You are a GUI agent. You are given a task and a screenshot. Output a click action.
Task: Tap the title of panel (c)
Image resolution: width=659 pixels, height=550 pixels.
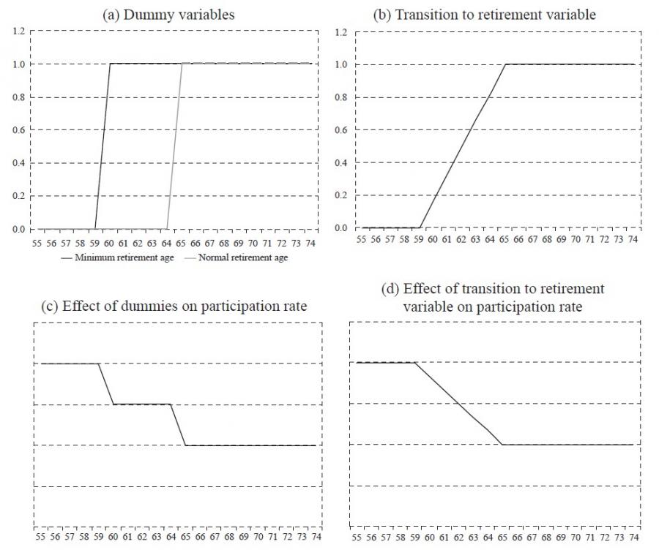point(174,306)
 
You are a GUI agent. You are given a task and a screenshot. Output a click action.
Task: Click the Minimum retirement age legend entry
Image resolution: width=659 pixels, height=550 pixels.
point(118,258)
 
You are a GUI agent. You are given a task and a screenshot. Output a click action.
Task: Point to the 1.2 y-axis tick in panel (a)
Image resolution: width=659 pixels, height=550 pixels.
point(18,31)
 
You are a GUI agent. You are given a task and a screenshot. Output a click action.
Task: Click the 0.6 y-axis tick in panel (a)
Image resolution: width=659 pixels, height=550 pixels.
point(18,130)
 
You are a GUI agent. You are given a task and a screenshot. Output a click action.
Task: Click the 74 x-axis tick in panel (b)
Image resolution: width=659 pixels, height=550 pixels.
point(633,239)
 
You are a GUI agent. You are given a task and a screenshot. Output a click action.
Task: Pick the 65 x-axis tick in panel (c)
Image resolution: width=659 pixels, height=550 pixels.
point(186,536)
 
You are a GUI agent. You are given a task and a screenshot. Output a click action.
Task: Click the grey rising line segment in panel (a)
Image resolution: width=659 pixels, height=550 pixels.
point(175,146)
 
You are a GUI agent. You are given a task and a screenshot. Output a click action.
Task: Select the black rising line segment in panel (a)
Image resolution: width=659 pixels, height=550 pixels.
point(103,146)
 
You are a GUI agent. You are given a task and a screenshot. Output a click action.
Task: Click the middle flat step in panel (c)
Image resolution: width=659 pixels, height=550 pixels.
point(142,404)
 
